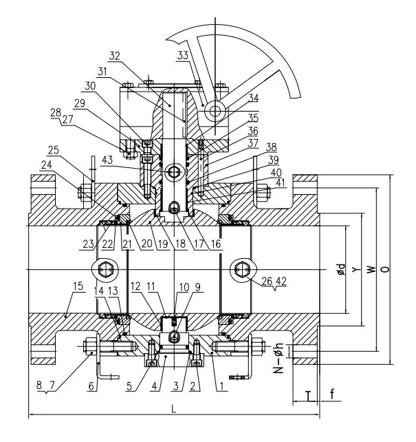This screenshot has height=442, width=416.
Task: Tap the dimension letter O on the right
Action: (386, 269)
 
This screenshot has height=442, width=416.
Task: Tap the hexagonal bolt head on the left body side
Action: (104, 269)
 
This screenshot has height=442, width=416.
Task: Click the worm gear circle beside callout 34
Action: (215, 110)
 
